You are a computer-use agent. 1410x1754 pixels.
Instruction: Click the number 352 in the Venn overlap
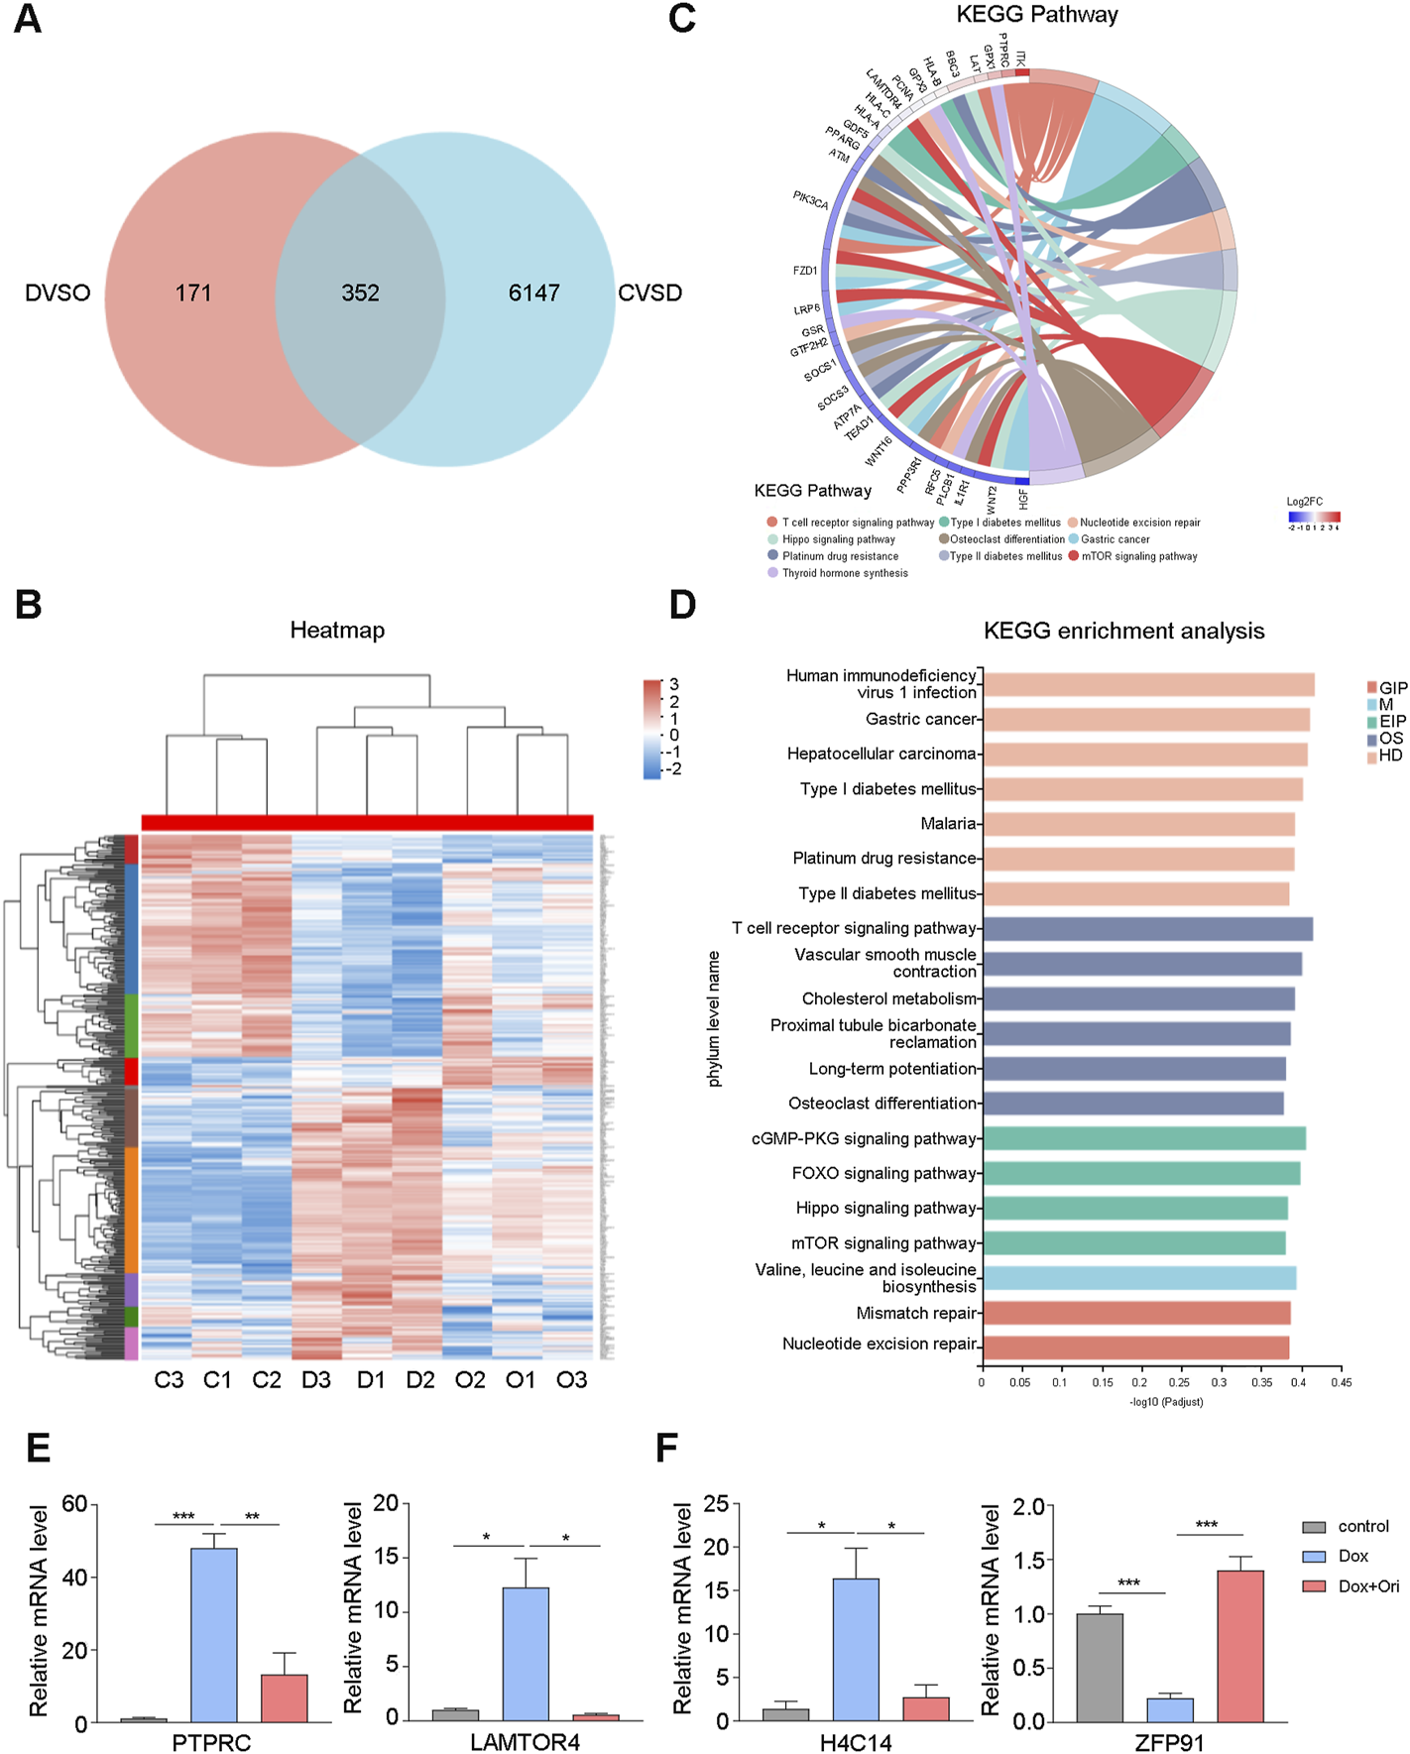[x=360, y=293]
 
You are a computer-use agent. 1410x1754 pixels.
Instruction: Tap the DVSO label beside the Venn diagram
[x=58, y=293]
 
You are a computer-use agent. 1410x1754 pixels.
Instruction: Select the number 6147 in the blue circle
[x=533, y=293]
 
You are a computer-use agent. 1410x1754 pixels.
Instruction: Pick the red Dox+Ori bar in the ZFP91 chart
[x=1239, y=1645]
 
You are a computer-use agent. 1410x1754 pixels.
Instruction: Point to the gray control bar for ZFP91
[x=1100, y=1667]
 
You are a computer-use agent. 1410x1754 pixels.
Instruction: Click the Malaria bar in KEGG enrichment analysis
[x=1138, y=824]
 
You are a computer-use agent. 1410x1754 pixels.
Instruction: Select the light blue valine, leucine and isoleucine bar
[x=1139, y=1278]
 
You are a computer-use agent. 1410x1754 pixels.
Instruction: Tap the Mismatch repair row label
[x=916, y=1313]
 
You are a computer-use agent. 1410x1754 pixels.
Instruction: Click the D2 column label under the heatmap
[x=420, y=1380]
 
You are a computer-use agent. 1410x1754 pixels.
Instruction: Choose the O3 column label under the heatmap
[x=571, y=1380]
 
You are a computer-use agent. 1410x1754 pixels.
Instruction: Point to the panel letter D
[x=683, y=605]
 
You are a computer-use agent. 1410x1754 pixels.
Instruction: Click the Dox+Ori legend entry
[x=1368, y=1586]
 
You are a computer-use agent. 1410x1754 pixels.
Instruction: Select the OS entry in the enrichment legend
[x=1390, y=739]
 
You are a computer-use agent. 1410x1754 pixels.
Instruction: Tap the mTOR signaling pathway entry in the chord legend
[x=1138, y=556]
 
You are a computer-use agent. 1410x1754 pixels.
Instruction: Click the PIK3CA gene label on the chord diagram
[x=810, y=199]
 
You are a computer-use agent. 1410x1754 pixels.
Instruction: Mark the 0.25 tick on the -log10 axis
[x=1179, y=1382]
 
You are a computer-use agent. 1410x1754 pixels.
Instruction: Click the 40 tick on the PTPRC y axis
[x=74, y=1578]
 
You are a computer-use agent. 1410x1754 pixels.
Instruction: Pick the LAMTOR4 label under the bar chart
[x=525, y=1742]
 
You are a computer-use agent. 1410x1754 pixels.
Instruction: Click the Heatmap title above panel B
[x=337, y=631]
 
